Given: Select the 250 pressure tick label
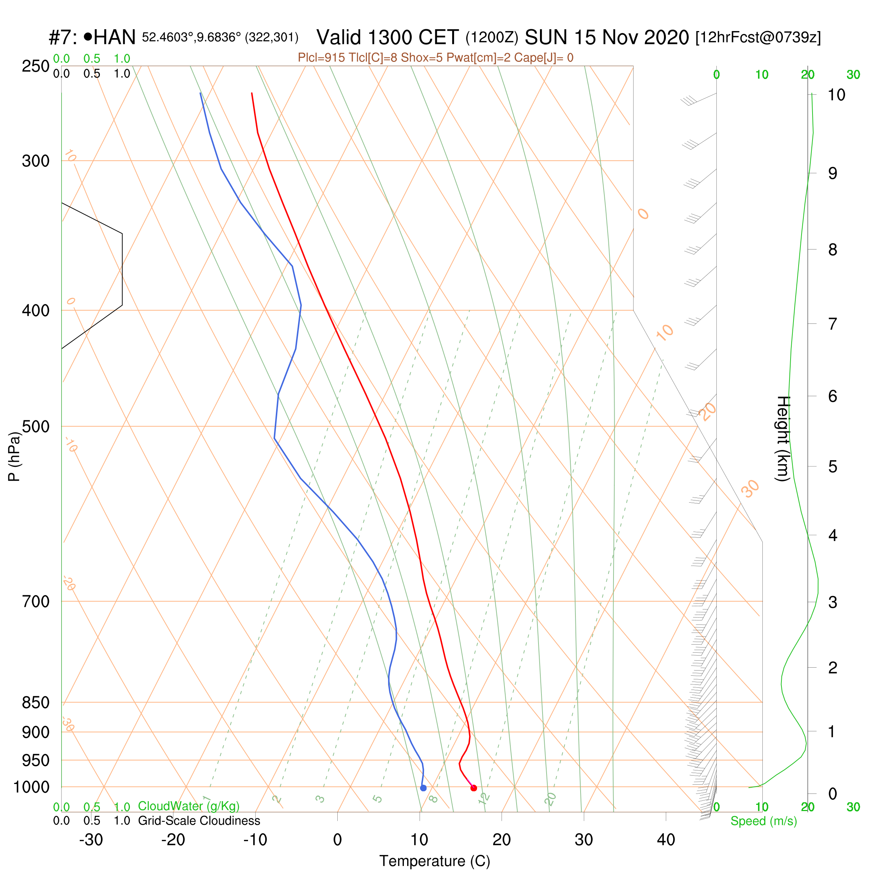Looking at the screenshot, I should click(35, 66).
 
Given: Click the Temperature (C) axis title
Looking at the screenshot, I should click(435, 861).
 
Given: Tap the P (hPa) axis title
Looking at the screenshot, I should click(15, 456).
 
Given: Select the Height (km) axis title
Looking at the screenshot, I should click(783, 439).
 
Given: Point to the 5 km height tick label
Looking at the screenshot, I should click(833, 467).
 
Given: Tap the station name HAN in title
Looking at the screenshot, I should click(115, 37).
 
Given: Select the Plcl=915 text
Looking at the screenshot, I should click(320, 58).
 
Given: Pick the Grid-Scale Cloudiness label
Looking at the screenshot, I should click(199, 821).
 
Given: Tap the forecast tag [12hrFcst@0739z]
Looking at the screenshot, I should click(758, 37).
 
